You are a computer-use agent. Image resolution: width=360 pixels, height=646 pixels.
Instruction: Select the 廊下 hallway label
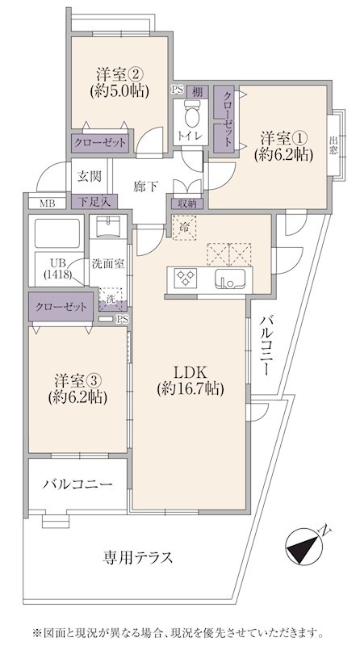(145, 187)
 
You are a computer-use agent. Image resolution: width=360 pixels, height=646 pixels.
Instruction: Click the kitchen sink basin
(229, 278)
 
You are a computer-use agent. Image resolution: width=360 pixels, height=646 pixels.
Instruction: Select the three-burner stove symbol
(186, 277)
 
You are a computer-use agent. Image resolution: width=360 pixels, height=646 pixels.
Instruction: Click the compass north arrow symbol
(303, 546)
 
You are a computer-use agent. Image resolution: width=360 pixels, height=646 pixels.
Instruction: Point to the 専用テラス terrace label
(137, 558)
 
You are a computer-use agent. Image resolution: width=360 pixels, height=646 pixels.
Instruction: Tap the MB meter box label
(46, 203)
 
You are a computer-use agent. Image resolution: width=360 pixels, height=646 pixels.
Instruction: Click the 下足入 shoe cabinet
(94, 202)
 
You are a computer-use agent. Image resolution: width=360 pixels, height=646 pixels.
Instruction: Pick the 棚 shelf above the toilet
(197, 92)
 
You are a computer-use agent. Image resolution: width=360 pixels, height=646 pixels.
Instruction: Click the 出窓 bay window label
(333, 145)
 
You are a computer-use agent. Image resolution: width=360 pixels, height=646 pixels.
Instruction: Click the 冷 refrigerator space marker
(184, 227)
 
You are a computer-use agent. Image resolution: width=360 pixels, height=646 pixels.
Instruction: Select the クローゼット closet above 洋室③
(61, 307)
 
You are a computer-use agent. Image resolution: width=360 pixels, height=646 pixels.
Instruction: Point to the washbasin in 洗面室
(108, 227)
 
